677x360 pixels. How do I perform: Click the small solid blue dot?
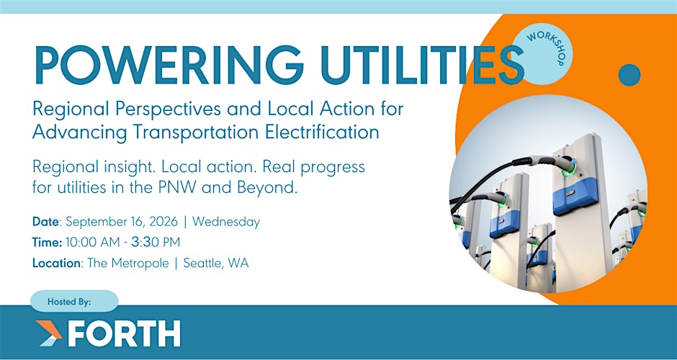pyautogui.click(x=629, y=75)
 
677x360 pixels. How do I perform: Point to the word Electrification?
pyautogui.click(x=322, y=132)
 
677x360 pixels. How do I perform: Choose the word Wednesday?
pyautogui.click(x=226, y=222)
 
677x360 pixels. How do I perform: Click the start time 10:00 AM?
pyautogui.click(x=92, y=243)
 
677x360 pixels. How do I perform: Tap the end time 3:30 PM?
pyautogui.click(x=156, y=243)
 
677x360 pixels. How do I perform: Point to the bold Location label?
pyautogui.click(x=57, y=263)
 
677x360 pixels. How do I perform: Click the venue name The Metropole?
pyautogui.click(x=128, y=263)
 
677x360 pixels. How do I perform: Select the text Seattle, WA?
pyautogui.click(x=216, y=264)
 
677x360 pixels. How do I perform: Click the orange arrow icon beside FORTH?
pyautogui.click(x=49, y=333)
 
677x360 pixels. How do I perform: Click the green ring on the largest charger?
pyautogui.click(x=570, y=168)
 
